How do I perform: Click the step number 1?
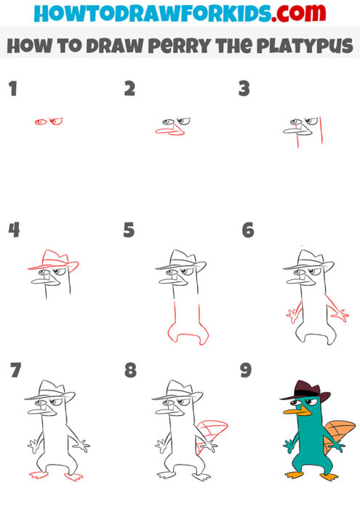click(x=12, y=89)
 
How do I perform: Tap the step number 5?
click(x=129, y=231)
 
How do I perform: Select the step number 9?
click(x=245, y=371)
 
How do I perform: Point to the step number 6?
click(x=248, y=231)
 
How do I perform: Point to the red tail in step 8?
click(x=212, y=435)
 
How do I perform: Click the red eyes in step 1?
click(x=49, y=121)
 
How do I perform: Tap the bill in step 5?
click(x=167, y=272)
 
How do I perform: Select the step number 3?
click(x=244, y=89)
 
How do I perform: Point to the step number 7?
click(x=15, y=371)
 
